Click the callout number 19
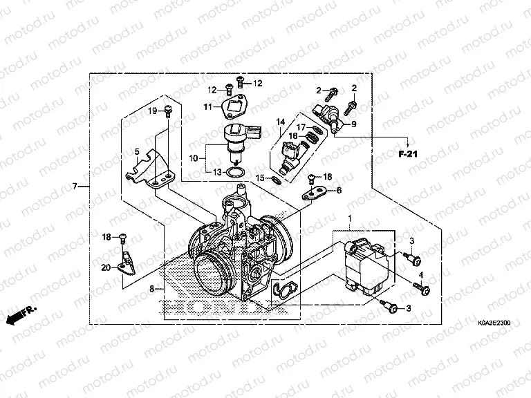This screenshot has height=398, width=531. point(153,111)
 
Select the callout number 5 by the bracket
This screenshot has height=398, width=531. point(137,151)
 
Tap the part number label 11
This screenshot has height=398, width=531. point(207,106)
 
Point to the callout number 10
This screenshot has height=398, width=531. point(193,158)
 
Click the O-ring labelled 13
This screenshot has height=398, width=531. point(234,173)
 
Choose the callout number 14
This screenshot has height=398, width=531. point(280,122)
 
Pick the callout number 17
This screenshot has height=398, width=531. point(301,127)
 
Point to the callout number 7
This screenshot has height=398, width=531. point(75,187)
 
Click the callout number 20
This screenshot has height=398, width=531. point(106,267)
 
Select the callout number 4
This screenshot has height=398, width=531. point(419,275)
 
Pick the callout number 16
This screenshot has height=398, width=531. point(292,137)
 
